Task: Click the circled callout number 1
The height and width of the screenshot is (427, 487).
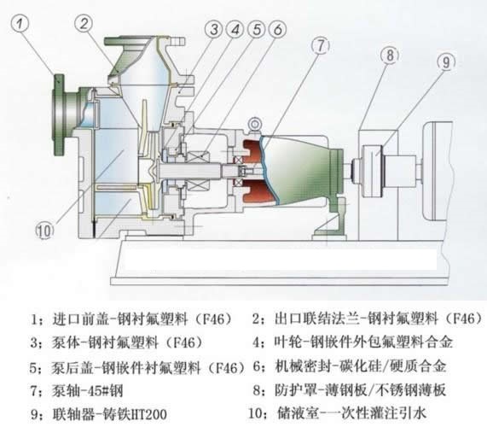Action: (x=20, y=24)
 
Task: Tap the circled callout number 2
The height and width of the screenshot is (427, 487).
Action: (x=84, y=24)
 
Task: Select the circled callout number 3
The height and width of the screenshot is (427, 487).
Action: (x=214, y=29)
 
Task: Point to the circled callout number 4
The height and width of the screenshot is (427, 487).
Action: (x=235, y=29)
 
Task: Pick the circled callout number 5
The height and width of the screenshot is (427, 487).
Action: (x=257, y=29)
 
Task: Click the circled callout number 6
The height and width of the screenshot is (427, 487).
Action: (x=277, y=29)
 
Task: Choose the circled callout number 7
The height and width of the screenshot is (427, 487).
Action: (x=321, y=45)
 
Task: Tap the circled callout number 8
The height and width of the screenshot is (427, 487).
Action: (x=390, y=56)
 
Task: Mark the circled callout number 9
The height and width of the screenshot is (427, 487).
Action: (x=446, y=62)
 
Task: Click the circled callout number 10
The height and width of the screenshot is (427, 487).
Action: (x=44, y=231)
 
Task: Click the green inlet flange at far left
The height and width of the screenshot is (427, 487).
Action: (x=59, y=114)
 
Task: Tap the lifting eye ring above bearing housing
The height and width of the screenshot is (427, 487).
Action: (x=255, y=125)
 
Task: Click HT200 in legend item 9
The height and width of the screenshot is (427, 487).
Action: (x=150, y=414)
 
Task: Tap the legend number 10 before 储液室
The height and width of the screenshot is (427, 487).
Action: (x=255, y=413)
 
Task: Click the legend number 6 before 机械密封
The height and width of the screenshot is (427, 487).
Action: (x=257, y=366)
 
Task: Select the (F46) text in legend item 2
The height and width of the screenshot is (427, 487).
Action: (x=464, y=319)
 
